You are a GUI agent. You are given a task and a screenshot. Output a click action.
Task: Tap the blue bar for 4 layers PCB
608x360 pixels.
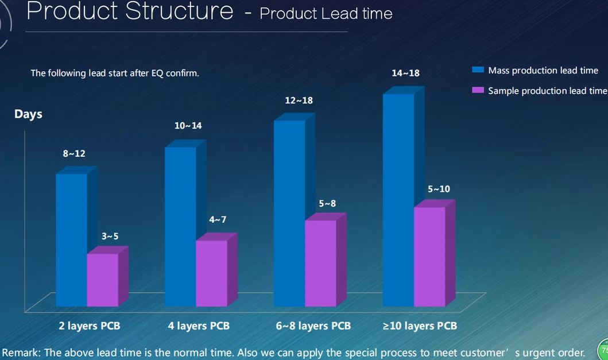180,226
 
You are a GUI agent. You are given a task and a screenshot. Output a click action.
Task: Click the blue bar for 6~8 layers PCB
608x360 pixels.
289,213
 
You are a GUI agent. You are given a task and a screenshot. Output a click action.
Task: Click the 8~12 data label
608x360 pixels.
74,153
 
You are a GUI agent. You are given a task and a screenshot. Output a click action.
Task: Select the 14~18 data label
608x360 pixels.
406,73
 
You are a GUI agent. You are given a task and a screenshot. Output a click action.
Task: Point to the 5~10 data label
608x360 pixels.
439,189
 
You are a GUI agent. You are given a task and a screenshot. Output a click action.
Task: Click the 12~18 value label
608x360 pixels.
299,100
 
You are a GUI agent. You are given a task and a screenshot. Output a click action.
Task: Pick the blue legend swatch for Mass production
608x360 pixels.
478,70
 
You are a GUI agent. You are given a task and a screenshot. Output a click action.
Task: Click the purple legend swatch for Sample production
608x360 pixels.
478,90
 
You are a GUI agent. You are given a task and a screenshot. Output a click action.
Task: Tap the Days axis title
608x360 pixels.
28,114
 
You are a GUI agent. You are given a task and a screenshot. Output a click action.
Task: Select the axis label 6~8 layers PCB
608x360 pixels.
313,326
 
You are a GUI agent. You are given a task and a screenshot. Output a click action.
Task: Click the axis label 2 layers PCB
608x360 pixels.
90,326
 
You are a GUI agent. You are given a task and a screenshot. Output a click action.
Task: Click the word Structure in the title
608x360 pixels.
180,11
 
